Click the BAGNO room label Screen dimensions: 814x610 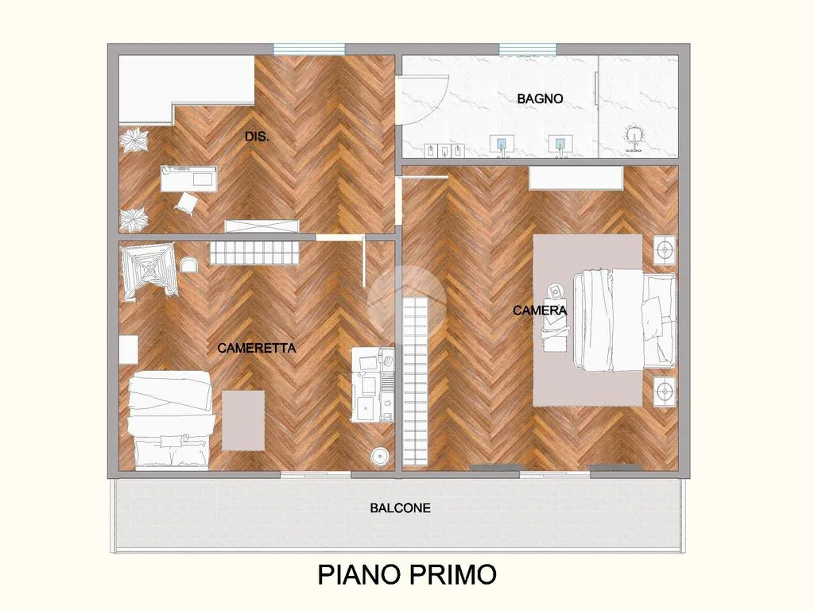click(x=540, y=98)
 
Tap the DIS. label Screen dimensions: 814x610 click(x=257, y=137)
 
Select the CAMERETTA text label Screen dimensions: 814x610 click(x=257, y=348)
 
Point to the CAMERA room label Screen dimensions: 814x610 click(x=540, y=311)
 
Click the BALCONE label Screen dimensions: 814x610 click(x=401, y=508)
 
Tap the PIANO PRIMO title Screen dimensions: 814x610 click(x=407, y=575)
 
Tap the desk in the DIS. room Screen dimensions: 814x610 click(x=188, y=179)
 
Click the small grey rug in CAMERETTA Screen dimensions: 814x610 click(x=243, y=421)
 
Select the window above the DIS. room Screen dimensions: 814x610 click(x=309, y=48)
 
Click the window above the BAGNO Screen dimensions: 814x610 click(x=528, y=48)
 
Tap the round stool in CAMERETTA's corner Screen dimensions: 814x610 click(x=381, y=456)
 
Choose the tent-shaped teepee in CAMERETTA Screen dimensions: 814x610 click(x=150, y=272)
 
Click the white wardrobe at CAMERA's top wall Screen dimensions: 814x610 click(x=576, y=178)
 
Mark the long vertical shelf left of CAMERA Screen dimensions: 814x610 click(x=415, y=381)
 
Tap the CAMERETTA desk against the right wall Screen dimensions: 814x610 click(x=373, y=384)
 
